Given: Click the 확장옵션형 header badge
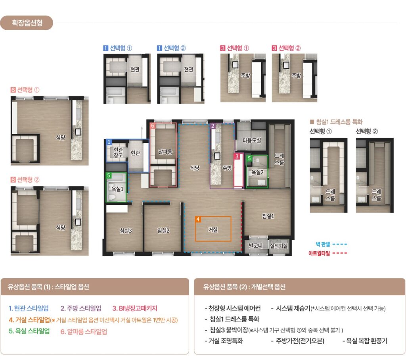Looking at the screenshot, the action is coord(27,23).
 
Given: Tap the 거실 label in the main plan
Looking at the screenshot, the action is coord(213,230).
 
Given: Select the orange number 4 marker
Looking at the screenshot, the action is coord(198,219).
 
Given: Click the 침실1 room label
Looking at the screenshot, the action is coord(268,216).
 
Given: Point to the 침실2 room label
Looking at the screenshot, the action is coord(163,231).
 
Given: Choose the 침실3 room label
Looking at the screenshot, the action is coord(126,231).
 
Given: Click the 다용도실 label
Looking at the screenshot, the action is coord(252,140).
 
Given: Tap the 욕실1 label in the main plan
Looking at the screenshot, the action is coord(117,189).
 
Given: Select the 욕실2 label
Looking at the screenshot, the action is coord(257,172).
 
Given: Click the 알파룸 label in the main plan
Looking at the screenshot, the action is coord(165,152).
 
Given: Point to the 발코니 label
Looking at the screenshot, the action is coord(256,245).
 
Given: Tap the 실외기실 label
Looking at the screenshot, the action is coord(279,245).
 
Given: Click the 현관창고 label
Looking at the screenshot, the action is coord(118,152).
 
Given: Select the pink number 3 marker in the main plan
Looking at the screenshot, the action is coord(237,156).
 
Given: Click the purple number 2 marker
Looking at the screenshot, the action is coord(213,126).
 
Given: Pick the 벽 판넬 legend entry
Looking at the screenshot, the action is coord(331,244).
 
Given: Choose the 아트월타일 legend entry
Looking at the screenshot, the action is coord(328,253).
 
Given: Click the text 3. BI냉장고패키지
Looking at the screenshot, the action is coord(135,308).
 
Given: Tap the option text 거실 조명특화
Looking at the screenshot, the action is coord(224,341).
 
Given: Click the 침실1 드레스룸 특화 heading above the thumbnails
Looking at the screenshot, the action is coord(336,121).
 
